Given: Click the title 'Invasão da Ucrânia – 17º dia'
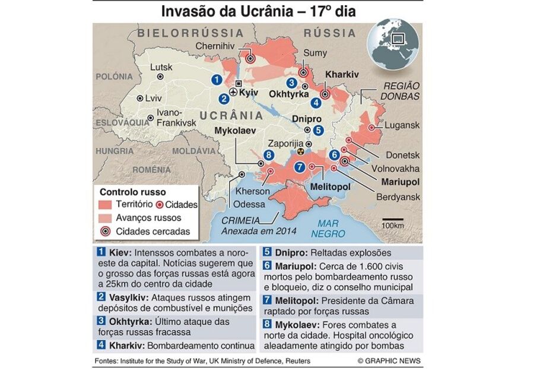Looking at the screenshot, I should coord(256,11).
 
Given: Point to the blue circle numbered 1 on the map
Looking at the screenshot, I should coord(217,79).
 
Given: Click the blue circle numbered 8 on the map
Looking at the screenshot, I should coord(269,155).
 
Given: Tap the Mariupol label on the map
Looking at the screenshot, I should coord(400,181).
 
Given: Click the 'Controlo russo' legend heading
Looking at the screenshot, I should coord(133,192).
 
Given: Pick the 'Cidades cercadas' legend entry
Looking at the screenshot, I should coord(152,231).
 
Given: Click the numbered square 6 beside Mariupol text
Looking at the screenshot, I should coord(266,266).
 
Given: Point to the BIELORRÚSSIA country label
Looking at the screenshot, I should coord(183,33).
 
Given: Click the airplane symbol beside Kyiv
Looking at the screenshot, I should coord(234,93).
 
